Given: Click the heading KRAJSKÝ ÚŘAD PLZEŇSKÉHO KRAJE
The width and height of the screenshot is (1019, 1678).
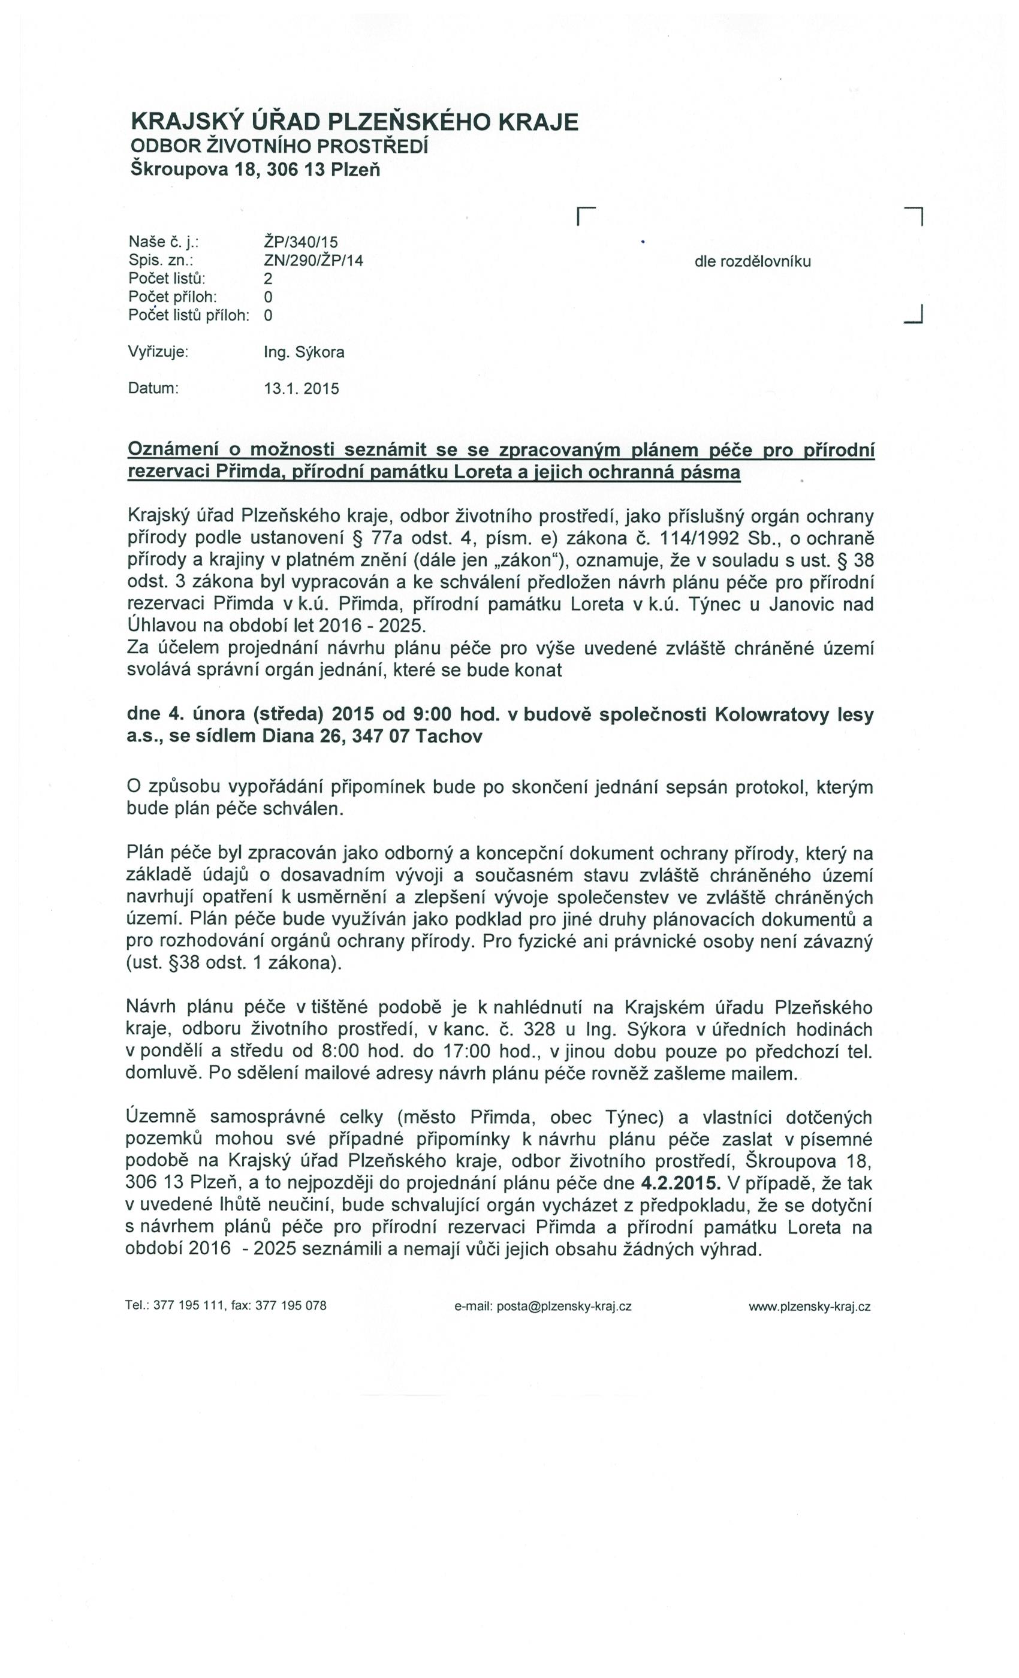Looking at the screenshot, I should tap(354, 122).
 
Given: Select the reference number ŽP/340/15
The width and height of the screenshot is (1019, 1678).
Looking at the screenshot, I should tap(300, 242).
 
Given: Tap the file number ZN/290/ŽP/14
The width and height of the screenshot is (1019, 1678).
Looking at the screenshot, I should tap(313, 260).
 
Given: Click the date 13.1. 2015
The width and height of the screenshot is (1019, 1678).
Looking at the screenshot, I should tap(301, 389).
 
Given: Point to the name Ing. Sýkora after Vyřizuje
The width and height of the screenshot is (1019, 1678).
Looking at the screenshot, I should tap(304, 352).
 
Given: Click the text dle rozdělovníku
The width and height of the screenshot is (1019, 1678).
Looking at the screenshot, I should tap(752, 261).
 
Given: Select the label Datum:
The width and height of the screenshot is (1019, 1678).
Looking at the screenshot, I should tap(153, 388).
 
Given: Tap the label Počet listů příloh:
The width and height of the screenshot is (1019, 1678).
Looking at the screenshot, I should tap(189, 315).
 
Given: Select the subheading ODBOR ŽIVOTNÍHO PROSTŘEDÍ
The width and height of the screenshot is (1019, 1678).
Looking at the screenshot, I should tap(279, 146).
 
